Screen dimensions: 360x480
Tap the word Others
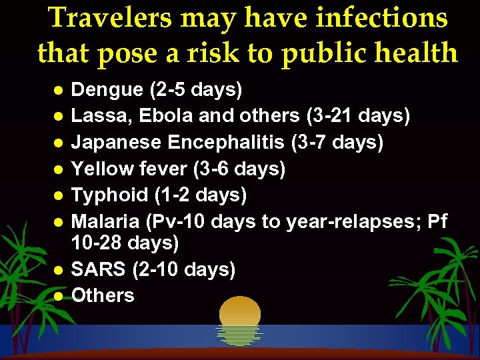pos(103,295)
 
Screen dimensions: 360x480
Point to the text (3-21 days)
pos(357,116)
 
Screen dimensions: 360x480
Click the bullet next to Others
pos(59,296)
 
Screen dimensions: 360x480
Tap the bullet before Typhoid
pos(59,196)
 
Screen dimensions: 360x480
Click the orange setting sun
pos(239,314)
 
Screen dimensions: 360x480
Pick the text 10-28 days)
pos(125,243)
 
